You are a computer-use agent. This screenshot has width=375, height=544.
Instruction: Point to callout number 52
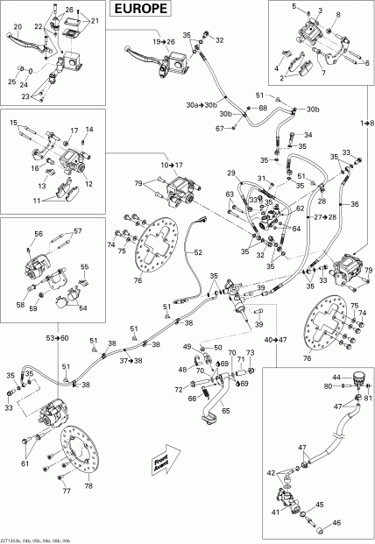click(197, 252)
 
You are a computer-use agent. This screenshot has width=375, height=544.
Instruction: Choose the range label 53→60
click(58, 337)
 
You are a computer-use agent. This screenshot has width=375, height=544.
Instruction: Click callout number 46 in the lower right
click(337, 524)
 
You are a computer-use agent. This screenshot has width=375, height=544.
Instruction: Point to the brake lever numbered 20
click(18, 27)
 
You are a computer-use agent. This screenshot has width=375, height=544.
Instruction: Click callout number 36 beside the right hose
click(354, 204)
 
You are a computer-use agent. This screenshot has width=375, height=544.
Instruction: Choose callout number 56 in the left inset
click(39, 234)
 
